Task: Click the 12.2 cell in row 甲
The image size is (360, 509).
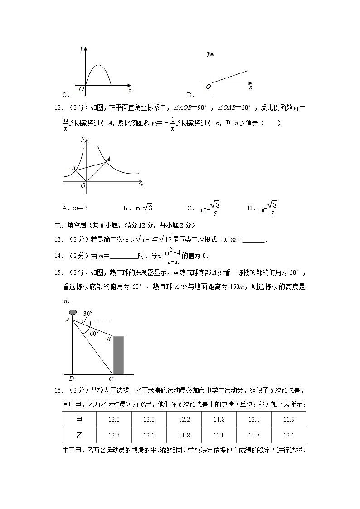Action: click(x=184, y=419)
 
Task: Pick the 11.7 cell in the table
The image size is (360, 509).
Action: click(x=254, y=435)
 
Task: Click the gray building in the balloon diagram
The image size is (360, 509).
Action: click(x=118, y=355)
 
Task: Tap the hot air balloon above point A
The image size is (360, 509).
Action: click(x=73, y=312)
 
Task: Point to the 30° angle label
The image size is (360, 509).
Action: click(x=88, y=313)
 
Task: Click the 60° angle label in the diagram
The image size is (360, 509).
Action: click(x=94, y=333)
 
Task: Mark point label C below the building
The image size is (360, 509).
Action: click(x=111, y=379)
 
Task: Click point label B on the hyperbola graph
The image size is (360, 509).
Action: click(x=73, y=168)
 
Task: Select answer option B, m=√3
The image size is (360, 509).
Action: click(x=138, y=208)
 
